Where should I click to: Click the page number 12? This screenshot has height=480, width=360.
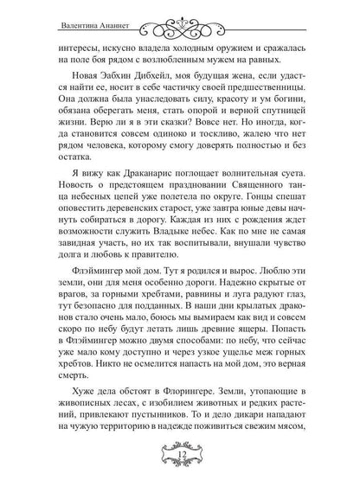tap(179, 457)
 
